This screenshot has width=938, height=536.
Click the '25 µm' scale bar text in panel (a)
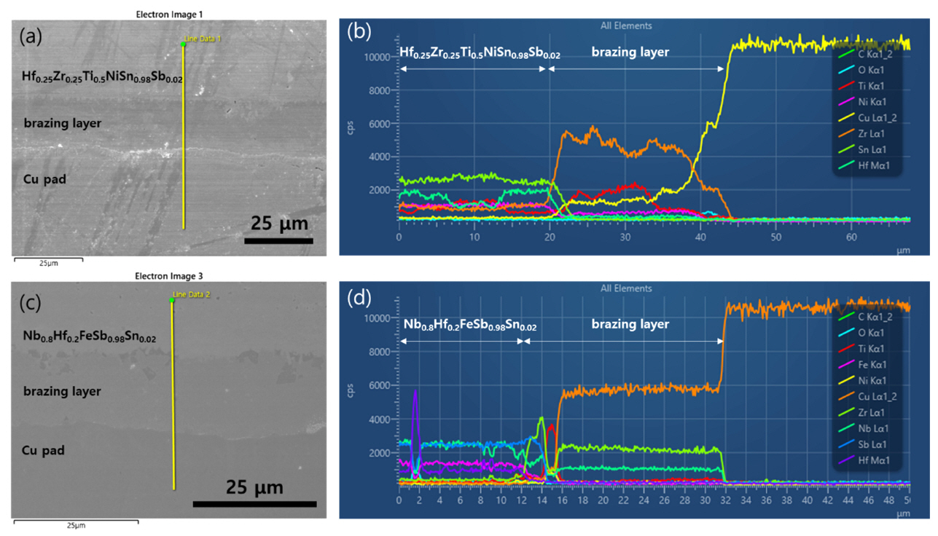click(280, 222)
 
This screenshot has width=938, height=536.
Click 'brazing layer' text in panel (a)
click(62, 122)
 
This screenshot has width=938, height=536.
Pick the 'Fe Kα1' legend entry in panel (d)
click(872, 364)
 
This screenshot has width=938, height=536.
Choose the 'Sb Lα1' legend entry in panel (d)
click(872, 444)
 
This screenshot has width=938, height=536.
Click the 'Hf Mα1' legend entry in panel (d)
click(873, 460)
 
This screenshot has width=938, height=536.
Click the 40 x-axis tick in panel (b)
click(700, 238)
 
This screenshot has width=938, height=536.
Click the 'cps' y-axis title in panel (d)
click(359, 395)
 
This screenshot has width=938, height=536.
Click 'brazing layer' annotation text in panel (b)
click(630, 52)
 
